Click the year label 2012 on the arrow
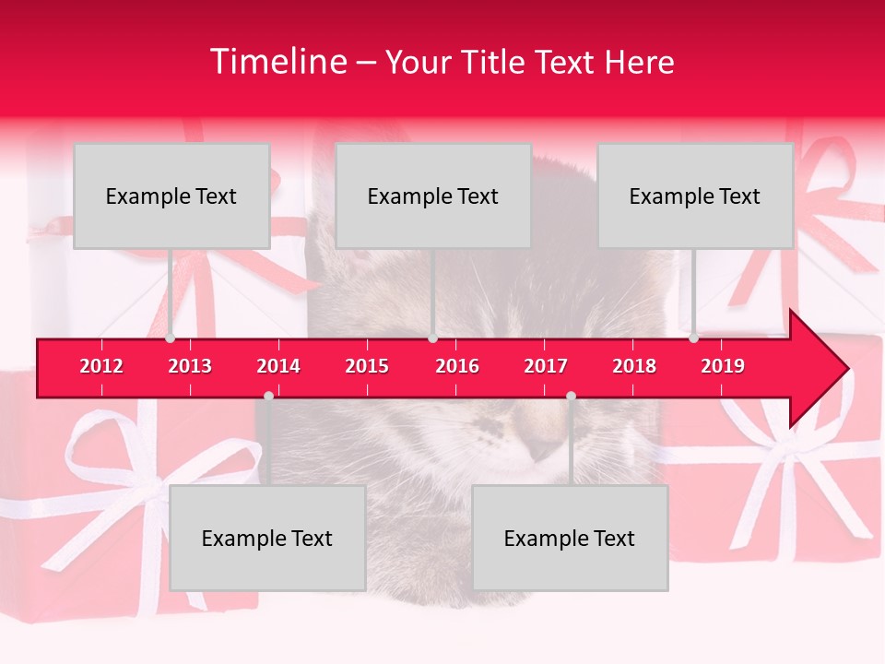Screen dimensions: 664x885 (101, 366)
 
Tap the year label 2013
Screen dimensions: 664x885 (190, 366)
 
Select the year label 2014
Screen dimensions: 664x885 (278, 366)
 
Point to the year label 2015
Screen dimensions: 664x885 (367, 366)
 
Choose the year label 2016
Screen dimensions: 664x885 (457, 366)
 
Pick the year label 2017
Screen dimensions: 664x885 (546, 366)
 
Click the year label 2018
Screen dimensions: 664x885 (634, 366)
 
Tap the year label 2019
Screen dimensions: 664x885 (723, 366)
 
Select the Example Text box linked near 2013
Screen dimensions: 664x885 (171, 196)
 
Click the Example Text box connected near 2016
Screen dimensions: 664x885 (433, 196)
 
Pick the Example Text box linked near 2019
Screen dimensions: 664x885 (695, 196)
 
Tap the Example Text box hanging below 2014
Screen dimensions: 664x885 (267, 538)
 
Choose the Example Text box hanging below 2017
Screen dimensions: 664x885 (570, 538)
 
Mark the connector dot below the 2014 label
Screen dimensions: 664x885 (268, 396)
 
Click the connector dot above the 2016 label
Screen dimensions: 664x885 (432, 338)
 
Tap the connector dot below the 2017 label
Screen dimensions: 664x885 (571, 396)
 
